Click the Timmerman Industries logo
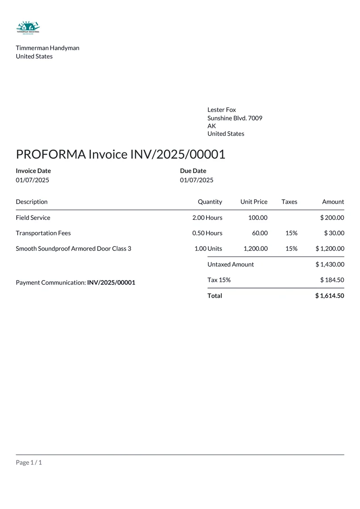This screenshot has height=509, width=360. coord(28,28)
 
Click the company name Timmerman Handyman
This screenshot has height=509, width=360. coord(47,48)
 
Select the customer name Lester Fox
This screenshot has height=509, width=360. coord(221,110)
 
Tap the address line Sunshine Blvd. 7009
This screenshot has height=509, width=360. coord(234,118)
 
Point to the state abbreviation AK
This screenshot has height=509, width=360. coord(211,126)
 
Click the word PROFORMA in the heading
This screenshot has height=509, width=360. coord(50,154)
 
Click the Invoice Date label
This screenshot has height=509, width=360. coord(33,171)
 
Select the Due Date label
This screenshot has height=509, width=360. coord(193,171)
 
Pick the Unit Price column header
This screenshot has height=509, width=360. coord(254,202)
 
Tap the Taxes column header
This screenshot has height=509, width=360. coord(289,202)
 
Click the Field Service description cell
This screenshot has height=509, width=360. coord(33,218)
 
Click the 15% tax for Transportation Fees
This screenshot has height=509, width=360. coord(291,233)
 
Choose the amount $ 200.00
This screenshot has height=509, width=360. coord(332,218)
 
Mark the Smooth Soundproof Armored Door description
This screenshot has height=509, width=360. coord(73,248)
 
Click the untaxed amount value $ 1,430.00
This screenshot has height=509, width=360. coord(330,264)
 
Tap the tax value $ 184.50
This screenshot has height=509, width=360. coord(332,280)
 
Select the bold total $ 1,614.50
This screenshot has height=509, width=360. coord(330,296)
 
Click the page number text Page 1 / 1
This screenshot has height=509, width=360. coord(29,462)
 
